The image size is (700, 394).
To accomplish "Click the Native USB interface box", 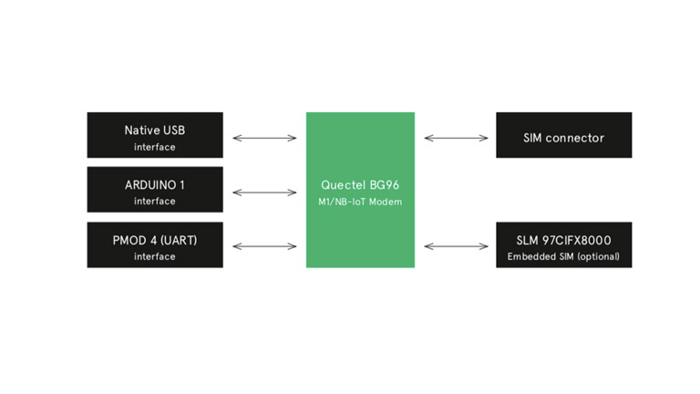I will coord(155,135).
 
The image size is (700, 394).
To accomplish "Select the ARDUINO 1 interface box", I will coord(155,190).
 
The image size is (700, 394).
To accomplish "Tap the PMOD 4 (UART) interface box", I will coord(155,244).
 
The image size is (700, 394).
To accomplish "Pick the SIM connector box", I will coord(563,135).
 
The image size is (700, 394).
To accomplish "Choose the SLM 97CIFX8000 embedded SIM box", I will coord(563,244).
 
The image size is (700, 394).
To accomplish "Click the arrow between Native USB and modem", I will coord(264,139).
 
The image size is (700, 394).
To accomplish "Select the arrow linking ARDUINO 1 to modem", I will coord(264,192).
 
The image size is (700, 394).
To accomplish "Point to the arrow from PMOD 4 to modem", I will coord(264,246).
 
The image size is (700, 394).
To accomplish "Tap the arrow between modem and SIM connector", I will coord(456,139).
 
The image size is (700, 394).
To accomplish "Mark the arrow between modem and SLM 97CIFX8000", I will coord(456,246).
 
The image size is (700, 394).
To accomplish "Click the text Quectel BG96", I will coord(360,184).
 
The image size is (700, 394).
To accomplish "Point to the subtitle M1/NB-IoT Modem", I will coord(360,202).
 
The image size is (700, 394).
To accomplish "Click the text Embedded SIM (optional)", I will coord(563,256).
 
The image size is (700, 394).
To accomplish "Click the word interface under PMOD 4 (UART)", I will coord(155,256).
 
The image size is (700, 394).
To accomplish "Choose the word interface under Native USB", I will coord(155,147).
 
